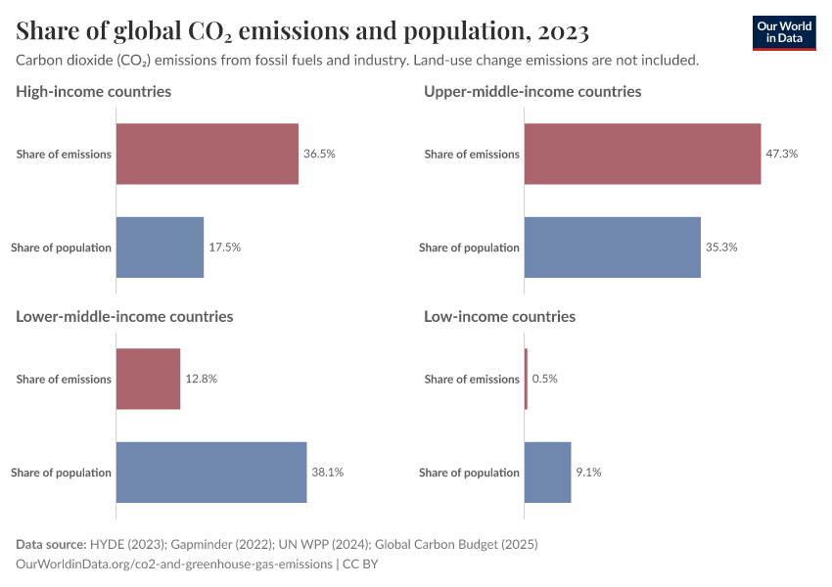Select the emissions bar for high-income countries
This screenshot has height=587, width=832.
point(208,154)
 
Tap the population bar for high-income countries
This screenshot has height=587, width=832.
point(161,248)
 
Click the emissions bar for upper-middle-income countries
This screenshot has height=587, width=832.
point(642,154)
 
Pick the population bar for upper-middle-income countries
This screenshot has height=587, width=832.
point(613,248)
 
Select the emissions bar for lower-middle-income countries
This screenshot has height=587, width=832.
point(149,379)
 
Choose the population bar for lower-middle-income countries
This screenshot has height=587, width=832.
point(211,473)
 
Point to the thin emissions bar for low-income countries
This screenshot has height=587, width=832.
point(526,379)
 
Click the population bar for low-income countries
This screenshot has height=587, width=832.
point(547,473)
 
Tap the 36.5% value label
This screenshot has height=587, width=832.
point(319,154)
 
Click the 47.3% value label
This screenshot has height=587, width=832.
point(782,154)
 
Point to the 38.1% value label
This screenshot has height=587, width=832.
point(328,473)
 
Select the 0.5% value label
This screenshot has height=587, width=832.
point(544,379)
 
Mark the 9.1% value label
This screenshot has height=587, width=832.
point(588,473)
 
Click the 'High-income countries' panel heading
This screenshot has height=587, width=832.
point(94,91)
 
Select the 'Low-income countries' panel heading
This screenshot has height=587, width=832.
point(499,316)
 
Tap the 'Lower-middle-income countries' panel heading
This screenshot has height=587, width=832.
point(124,316)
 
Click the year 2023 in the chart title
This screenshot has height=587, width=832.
point(562,32)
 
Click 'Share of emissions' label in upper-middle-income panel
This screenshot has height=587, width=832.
point(472,154)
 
